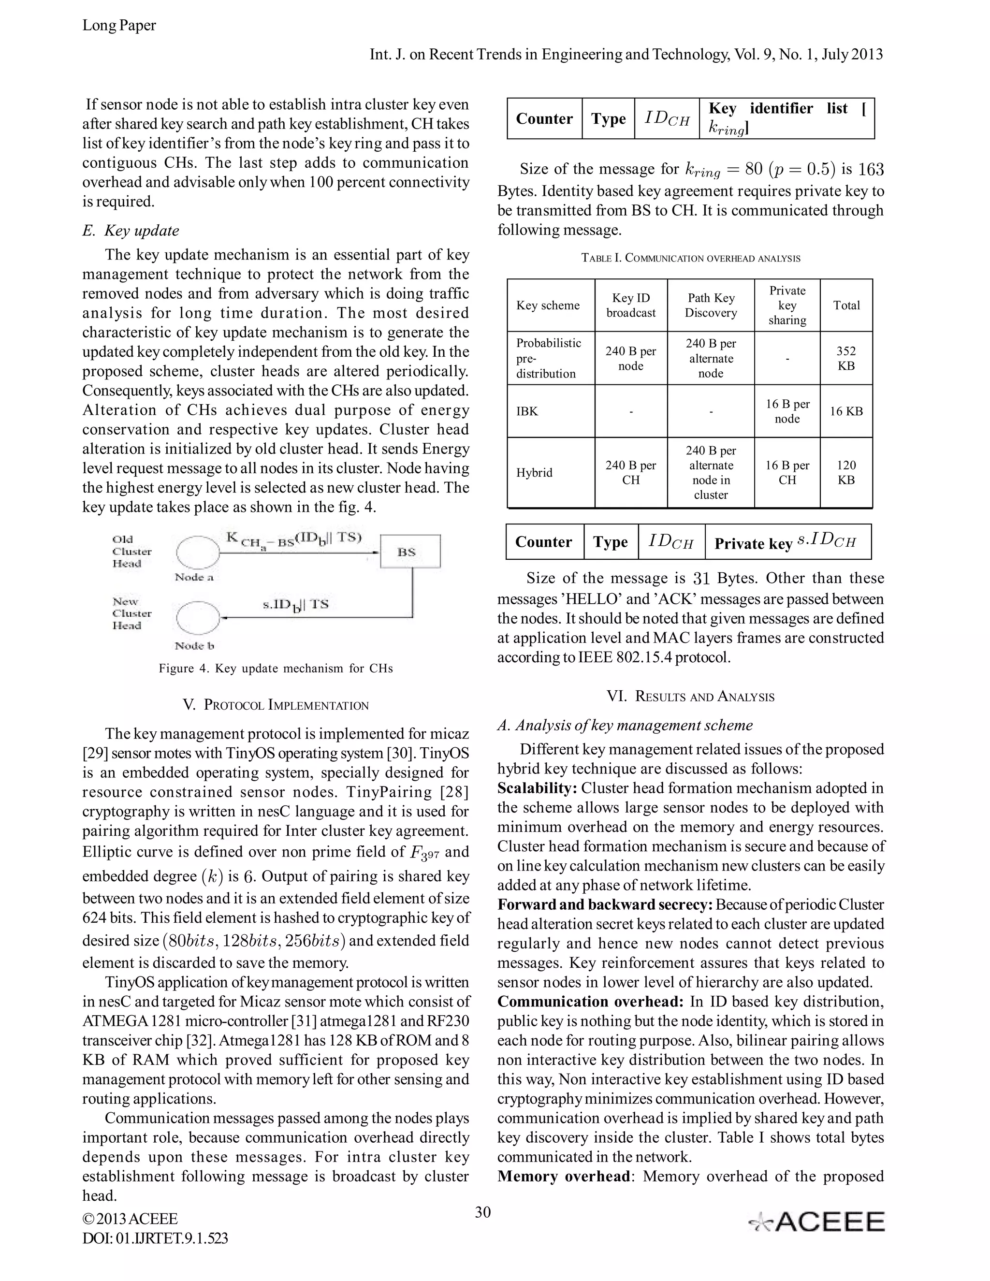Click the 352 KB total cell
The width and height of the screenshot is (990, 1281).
pos(846,358)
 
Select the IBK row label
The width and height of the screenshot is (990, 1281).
pos(527,411)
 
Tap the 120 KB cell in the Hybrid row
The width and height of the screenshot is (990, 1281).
pos(846,472)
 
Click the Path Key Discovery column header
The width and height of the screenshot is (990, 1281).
pos(710,305)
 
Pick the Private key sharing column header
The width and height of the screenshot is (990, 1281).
pos(787,305)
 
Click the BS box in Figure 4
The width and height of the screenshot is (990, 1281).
pos(409,552)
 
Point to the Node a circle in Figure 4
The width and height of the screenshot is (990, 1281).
pos(198,552)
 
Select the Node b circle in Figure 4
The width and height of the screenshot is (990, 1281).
pos(198,618)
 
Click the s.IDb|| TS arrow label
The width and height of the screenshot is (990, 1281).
pos(295,605)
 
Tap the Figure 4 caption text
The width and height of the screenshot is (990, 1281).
pos(276,669)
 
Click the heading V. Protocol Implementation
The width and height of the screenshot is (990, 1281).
pos(276,705)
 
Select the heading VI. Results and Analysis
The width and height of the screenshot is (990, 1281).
pos(690,697)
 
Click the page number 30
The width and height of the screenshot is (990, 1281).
pos(483,1212)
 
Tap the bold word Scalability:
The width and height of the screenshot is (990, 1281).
pos(537,788)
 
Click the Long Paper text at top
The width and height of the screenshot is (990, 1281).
pos(119,25)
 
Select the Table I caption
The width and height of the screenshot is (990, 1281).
pos(690,258)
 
